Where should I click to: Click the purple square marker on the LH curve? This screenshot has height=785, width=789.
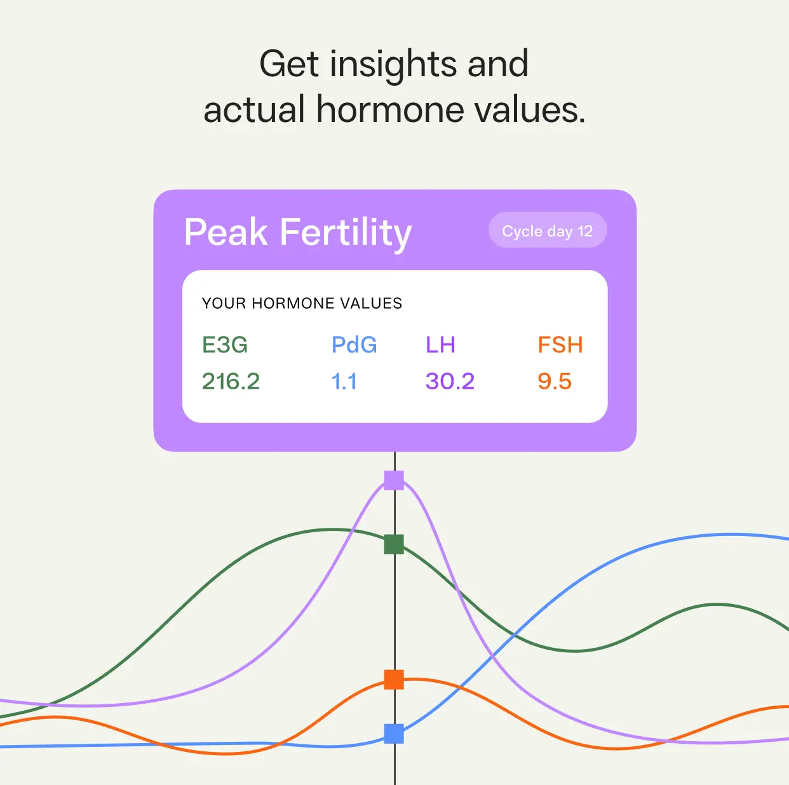pos(394,480)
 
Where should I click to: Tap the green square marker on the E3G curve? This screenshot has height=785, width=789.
pos(394,544)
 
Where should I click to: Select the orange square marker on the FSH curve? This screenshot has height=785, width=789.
pos(394,680)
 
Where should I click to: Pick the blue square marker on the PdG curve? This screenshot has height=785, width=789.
pos(394,734)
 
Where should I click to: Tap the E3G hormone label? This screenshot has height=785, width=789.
pos(225,344)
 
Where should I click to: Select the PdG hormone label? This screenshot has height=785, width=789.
pos(354,344)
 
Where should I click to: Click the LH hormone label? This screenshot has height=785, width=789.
pos(441,344)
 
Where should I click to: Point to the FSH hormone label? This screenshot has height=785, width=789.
pos(560,344)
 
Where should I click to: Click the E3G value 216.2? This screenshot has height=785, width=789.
pos(231,381)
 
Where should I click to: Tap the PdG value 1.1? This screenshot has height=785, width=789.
pos(344,381)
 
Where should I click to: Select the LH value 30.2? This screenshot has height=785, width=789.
pos(450,381)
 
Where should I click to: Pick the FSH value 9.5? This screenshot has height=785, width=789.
pos(555,381)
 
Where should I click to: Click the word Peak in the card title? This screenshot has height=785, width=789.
pos(226,232)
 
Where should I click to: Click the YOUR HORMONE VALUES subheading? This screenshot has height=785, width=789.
pos(302,304)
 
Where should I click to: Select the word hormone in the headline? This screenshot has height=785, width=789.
pos(390,109)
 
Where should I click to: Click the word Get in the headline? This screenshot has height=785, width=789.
pos(289,64)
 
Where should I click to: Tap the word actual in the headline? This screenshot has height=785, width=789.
pos(254,109)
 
